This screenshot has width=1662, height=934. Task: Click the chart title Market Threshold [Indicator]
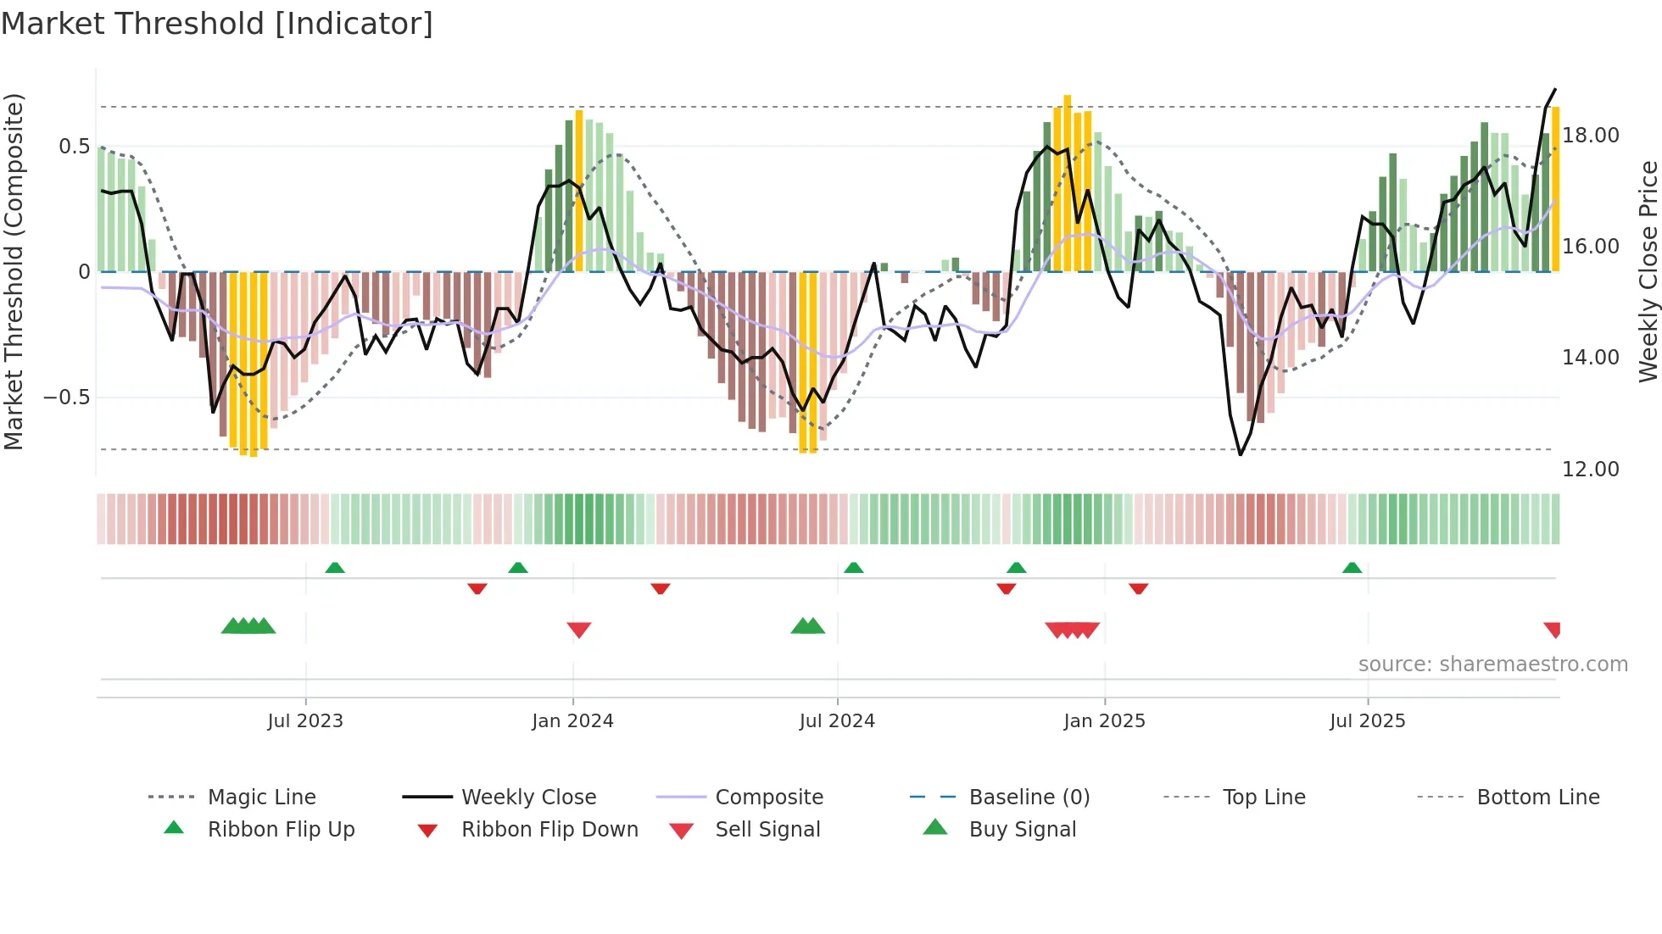pos(217,24)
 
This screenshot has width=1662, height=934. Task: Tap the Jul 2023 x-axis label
pos(305,721)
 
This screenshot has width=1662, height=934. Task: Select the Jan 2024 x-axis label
pos(572,721)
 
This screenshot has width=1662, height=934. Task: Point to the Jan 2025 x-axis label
pos(1104,721)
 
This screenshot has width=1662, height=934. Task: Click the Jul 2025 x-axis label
pos(1367,721)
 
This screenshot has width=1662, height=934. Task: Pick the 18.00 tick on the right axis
pos(1590,136)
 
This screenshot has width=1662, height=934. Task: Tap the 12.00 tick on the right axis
pos(1590,470)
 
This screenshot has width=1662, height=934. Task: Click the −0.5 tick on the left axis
pos(67,398)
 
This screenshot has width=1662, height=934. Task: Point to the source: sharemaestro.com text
pos(1492,664)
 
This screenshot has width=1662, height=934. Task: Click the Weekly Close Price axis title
pos(1648,271)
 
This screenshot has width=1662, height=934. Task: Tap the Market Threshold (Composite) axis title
pos(14,271)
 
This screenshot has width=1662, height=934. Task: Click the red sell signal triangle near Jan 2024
pos(579,630)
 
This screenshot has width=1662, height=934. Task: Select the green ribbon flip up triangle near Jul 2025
pos(1352,568)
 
